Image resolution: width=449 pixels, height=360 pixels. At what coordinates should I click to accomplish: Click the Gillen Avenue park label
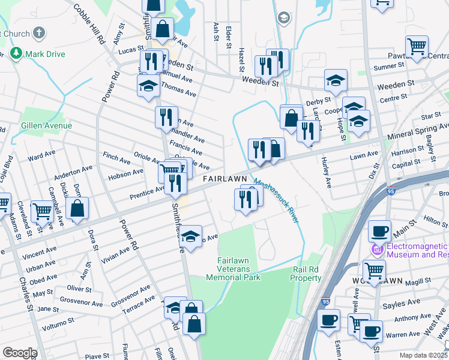pos(46,125)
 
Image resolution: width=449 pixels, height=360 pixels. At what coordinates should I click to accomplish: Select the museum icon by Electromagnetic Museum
pos(378,250)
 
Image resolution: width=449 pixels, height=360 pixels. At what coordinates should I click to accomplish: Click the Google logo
pos(19,353)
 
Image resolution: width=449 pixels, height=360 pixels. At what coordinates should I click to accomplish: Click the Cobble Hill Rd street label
pos(89,25)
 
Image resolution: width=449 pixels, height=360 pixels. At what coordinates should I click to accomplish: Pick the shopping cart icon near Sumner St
pos(417,46)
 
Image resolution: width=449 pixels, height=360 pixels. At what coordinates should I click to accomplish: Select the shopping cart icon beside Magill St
pos(375,271)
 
